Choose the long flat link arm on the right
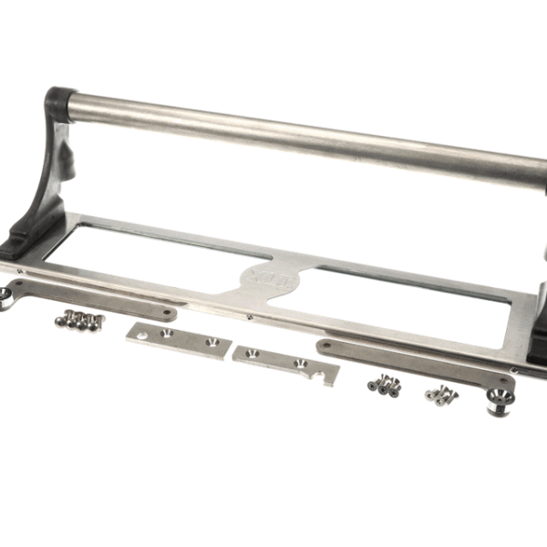[x=410, y=360]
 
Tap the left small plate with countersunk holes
[x=179, y=339]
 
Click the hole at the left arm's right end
[x=168, y=314]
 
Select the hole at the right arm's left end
[x=325, y=346]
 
